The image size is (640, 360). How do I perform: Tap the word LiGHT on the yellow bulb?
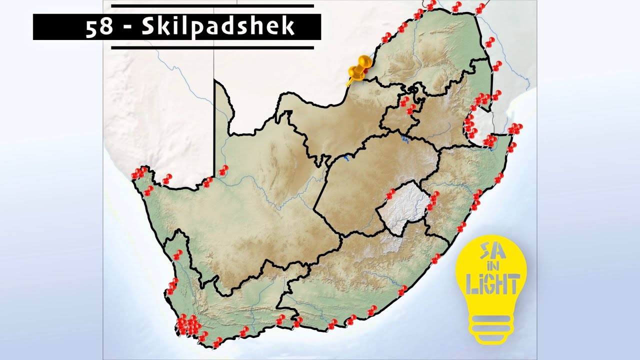pyautogui.click(x=491, y=284)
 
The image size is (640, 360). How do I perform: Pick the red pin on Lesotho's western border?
pyautogui.click(x=390, y=194)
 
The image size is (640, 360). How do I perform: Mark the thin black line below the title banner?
pyautogui.click(x=212, y=47)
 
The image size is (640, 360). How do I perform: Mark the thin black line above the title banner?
pyautogui.click(x=212, y=6)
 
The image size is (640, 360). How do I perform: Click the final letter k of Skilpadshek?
pyautogui.click(x=288, y=27)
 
